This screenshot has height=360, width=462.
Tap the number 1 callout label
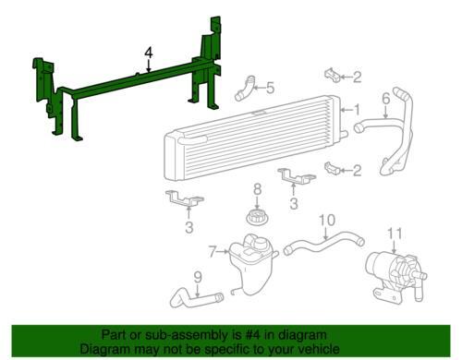(x=357, y=110)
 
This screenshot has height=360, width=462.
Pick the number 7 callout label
(x=212, y=250)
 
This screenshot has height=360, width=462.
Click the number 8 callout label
(x=258, y=189)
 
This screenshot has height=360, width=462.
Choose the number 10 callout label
(x=325, y=220)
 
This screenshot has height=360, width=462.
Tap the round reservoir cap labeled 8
(x=258, y=219)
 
